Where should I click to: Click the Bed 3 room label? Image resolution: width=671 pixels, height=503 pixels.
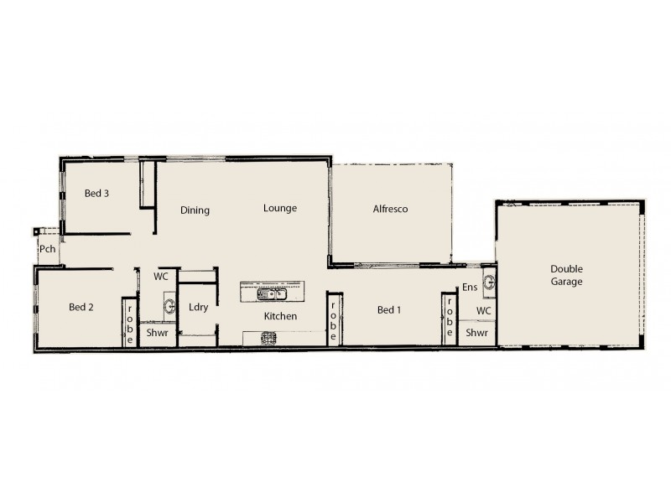click(96, 194)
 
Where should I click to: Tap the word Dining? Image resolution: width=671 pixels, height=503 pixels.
click(195, 210)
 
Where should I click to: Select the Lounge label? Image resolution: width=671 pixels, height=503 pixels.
click(279, 208)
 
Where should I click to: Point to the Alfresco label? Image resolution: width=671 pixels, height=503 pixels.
click(390, 209)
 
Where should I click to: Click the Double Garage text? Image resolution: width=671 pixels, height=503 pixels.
click(566, 275)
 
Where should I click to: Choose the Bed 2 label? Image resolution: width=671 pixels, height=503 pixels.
click(81, 307)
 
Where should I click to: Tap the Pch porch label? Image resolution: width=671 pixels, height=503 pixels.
click(47, 249)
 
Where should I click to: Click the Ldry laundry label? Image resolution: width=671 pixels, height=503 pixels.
click(198, 307)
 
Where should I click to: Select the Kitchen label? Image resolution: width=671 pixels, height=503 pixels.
click(280, 317)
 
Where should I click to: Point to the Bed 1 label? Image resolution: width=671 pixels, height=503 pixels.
click(388, 310)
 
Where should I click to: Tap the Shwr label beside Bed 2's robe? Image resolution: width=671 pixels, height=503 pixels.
click(158, 333)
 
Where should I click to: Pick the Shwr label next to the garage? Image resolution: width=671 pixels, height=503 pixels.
click(477, 333)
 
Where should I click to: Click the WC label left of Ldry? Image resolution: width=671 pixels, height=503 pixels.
click(161, 276)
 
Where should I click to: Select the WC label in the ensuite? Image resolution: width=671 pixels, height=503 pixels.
click(483, 310)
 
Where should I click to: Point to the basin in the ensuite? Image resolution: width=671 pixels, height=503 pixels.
click(489, 281)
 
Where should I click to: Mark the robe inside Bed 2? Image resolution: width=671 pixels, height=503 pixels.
click(130, 321)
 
